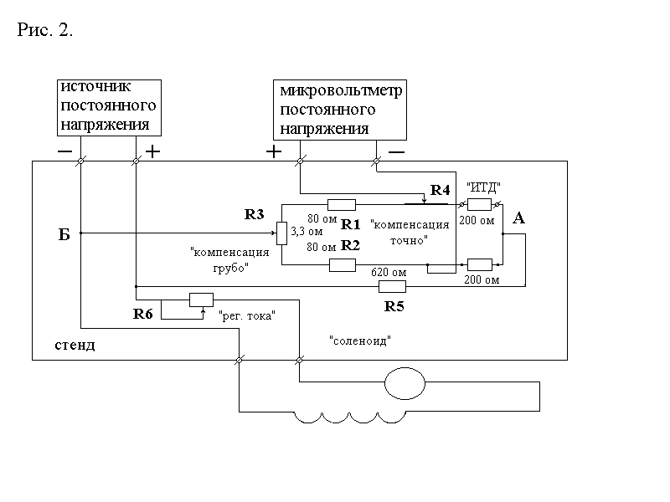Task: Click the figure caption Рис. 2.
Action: coord(45,31)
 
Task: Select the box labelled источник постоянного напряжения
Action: coord(107,106)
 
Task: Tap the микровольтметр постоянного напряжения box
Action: coord(340,109)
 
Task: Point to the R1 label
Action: coord(350,223)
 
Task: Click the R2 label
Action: coord(350,246)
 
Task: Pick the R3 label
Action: coord(255,214)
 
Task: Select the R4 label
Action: coord(440,191)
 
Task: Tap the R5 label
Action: coord(394,306)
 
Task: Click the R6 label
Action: coord(143,315)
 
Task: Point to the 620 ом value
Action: coord(388,273)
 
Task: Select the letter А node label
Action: coord(518,218)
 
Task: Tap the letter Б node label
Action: coord(64,235)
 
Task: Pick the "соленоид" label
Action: coord(361,341)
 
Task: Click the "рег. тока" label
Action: coord(247,317)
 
